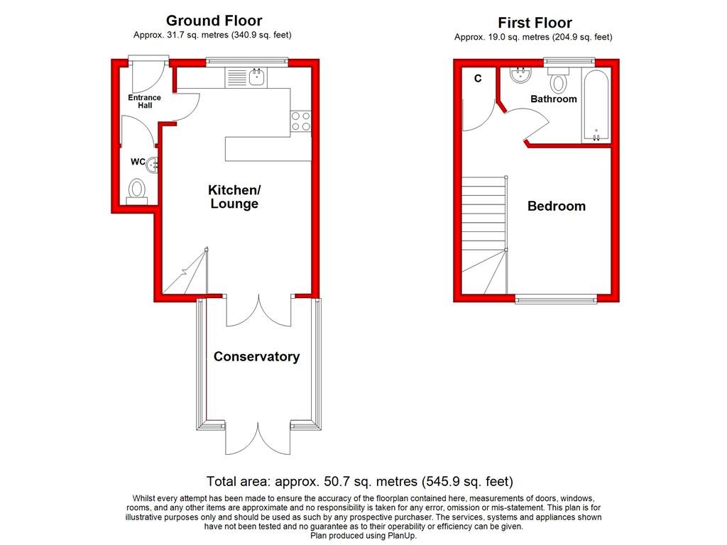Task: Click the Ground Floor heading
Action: pyautogui.click(x=214, y=21)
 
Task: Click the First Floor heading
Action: pyautogui.click(x=534, y=23)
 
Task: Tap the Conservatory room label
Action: pyautogui.click(x=256, y=357)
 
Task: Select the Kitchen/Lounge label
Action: pyautogui.click(x=234, y=197)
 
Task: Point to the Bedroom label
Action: pyautogui.click(x=556, y=207)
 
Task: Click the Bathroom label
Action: pyautogui.click(x=554, y=99)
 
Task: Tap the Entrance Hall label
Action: pyautogui.click(x=144, y=101)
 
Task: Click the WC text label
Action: pyautogui.click(x=138, y=163)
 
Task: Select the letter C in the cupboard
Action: pyautogui.click(x=478, y=79)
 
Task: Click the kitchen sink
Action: pyautogui.click(x=256, y=77)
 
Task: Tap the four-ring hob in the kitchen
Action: pyautogui.click(x=300, y=122)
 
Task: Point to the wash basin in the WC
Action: pyautogui.click(x=152, y=165)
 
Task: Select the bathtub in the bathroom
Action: pyautogui.click(x=595, y=106)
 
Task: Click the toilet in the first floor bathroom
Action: pyautogui.click(x=559, y=82)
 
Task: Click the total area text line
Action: pyautogui.click(x=359, y=481)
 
